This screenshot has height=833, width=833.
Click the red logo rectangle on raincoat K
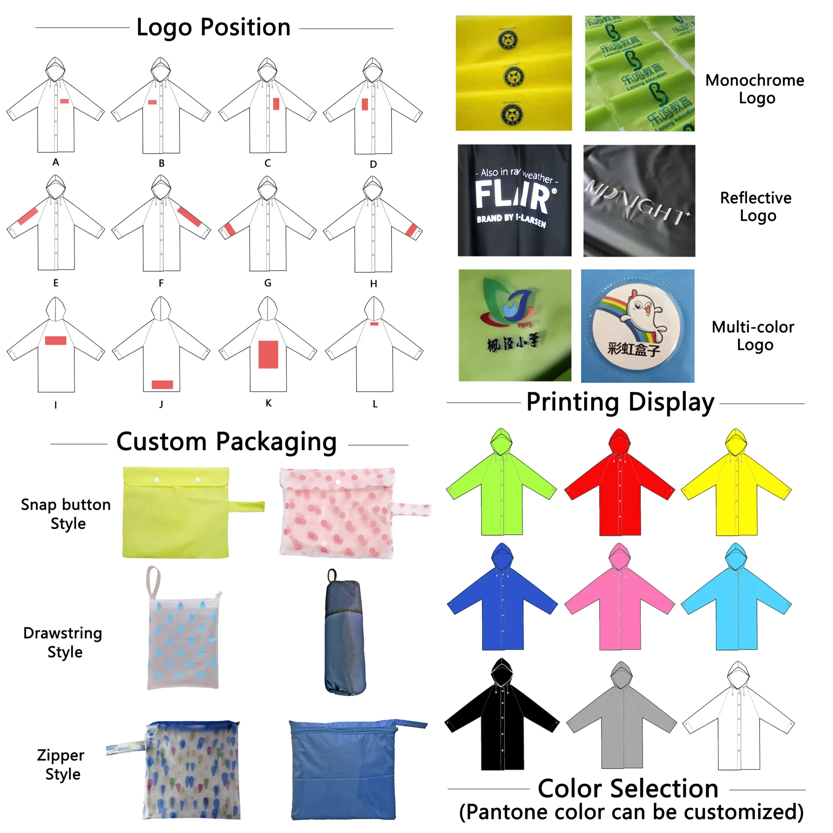pos(268,354)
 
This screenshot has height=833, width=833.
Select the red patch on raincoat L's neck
pos(374,323)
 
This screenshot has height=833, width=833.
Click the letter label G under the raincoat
pos(268,283)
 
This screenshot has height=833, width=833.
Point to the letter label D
pos(373,164)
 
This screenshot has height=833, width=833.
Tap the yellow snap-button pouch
pos(176,513)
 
